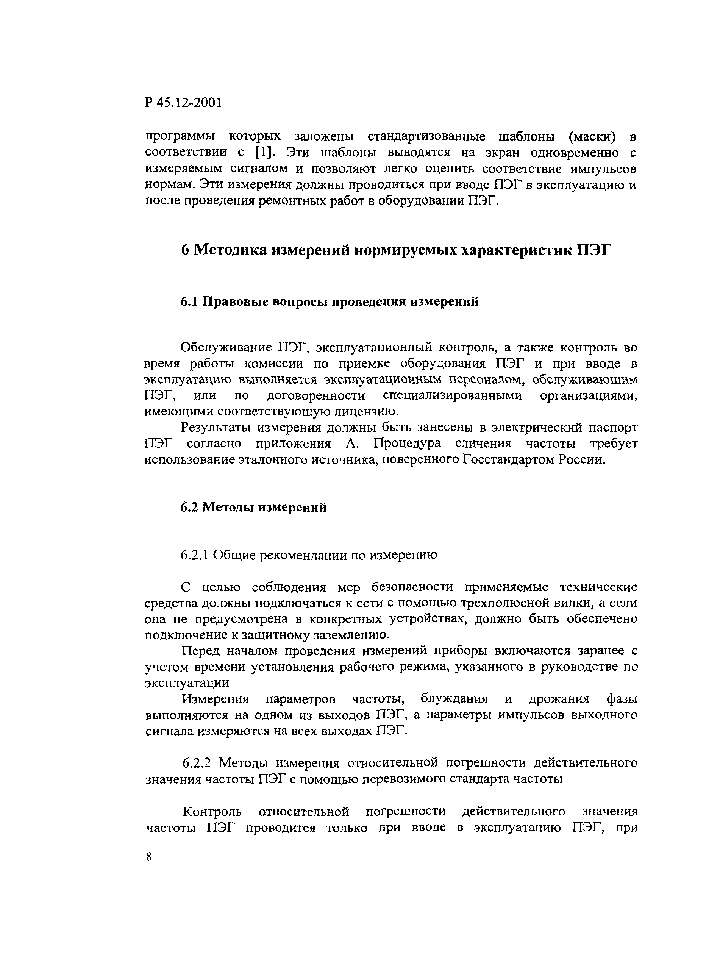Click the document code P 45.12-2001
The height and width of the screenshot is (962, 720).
pos(183,103)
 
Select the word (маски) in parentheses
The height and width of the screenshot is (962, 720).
pos(592,137)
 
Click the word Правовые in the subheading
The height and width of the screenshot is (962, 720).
pos(235,301)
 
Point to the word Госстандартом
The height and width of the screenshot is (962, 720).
pos(508,459)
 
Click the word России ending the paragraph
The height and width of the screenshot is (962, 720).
pos(582,459)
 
